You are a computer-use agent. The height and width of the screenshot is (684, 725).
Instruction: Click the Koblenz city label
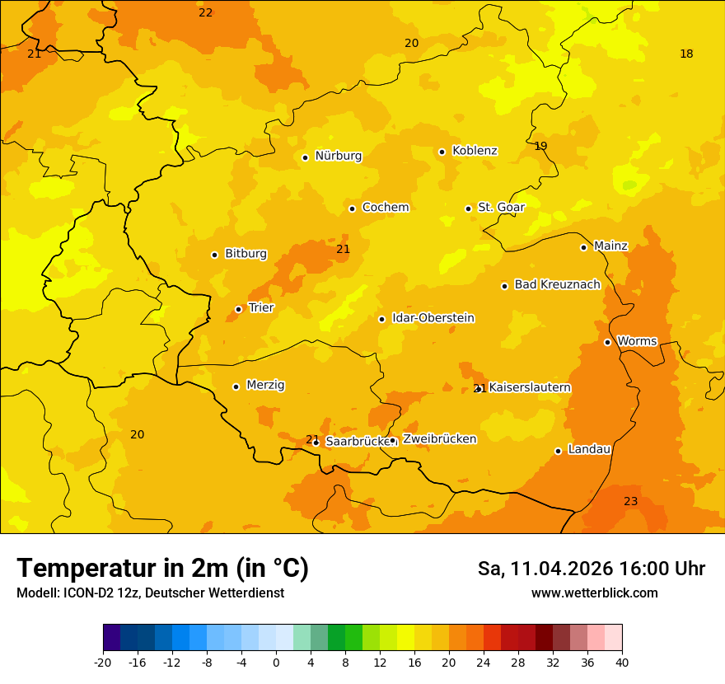(x=475, y=151)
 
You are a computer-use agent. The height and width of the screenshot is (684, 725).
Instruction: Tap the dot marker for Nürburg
(x=305, y=157)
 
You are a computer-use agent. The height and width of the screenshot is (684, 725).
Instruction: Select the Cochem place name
(x=386, y=208)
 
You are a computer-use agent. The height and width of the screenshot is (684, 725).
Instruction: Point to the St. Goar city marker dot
(x=468, y=208)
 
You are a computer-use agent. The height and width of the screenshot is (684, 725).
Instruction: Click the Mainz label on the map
(x=610, y=246)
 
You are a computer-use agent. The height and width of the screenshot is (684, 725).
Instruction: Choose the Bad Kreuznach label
(x=557, y=285)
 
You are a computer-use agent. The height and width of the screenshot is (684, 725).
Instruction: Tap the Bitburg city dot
(x=214, y=255)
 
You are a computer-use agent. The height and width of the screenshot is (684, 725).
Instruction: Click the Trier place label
(x=261, y=308)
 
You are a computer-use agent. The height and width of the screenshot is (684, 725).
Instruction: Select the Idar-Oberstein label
(x=433, y=318)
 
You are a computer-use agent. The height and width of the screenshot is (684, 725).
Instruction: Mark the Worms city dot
(x=607, y=342)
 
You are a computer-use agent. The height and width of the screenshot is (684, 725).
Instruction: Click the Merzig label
(x=265, y=386)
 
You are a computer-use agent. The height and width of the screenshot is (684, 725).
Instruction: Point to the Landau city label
(x=589, y=450)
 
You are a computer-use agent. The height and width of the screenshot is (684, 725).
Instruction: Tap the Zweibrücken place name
(x=439, y=439)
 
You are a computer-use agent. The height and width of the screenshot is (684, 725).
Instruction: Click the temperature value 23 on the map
(x=630, y=502)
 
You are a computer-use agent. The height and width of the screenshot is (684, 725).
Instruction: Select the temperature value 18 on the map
(x=686, y=54)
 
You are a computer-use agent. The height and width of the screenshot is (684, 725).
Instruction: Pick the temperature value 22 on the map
(x=205, y=13)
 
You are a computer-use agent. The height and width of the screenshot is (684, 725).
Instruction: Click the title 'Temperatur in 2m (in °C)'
(x=162, y=569)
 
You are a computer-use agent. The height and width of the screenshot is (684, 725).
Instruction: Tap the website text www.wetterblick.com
(x=594, y=593)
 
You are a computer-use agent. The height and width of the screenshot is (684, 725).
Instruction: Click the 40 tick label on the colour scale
(x=622, y=662)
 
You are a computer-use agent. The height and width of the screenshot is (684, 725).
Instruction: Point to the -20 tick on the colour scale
(x=103, y=662)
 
